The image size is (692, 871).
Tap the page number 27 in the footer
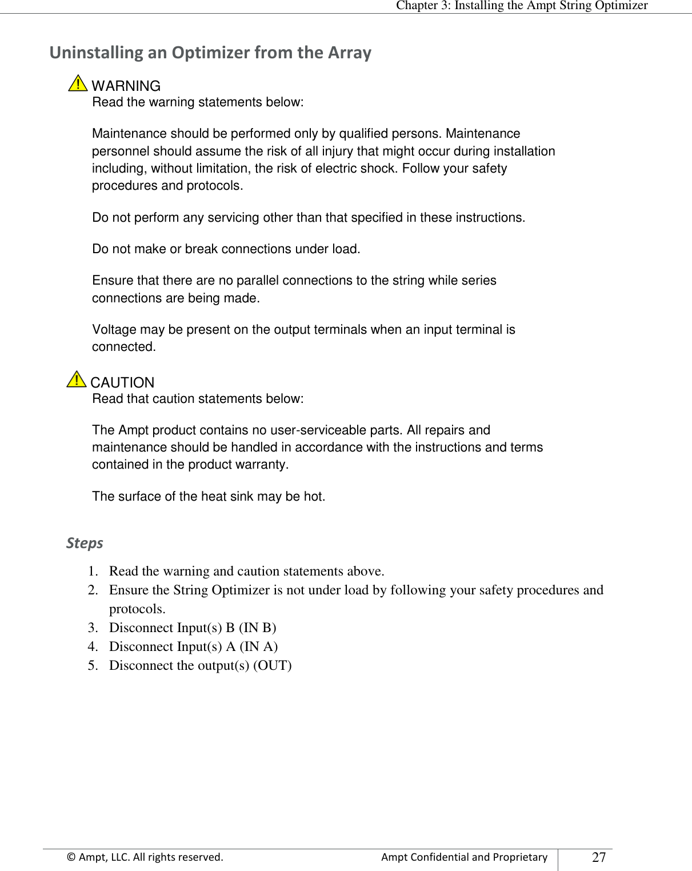click(x=599, y=857)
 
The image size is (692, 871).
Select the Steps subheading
click(x=85, y=543)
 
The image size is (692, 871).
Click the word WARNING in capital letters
click(x=126, y=86)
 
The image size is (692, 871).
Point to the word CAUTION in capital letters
click(x=123, y=383)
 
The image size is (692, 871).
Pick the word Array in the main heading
click(x=349, y=53)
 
